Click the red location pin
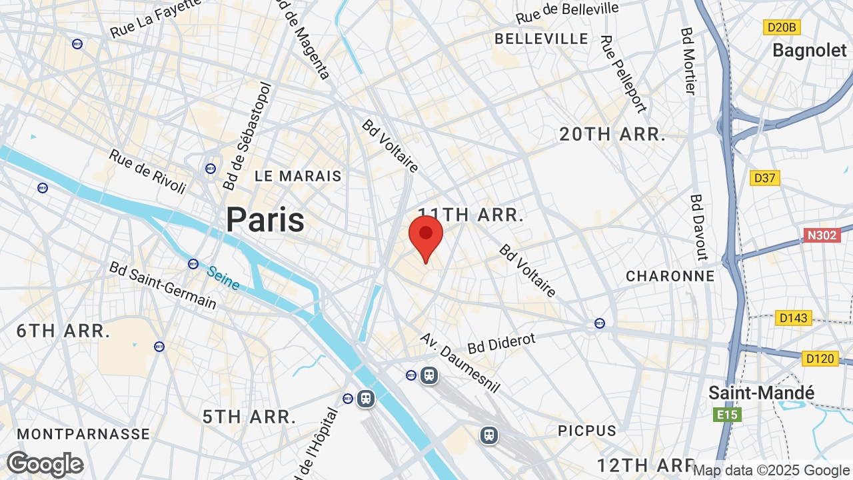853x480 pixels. (426, 237)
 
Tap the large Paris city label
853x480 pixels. (265, 219)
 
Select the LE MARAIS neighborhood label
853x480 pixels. (298, 176)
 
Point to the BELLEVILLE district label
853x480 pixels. (541, 39)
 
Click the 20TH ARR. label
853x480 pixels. (612, 135)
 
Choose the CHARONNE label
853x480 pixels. (670, 276)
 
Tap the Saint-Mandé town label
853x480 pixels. (761, 393)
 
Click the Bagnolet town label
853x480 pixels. (809, 50)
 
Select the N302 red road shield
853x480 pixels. (822, 235)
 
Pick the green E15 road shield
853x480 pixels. (726, 415)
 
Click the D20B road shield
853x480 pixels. (781, 27)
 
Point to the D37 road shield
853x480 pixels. (764, 178)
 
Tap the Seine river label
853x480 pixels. (223, 278)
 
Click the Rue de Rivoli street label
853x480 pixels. (147, 171)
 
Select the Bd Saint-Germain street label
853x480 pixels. (163, 285)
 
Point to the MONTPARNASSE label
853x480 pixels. (83, 434)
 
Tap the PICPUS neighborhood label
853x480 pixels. (587, 431)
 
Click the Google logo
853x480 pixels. (45, 464)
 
